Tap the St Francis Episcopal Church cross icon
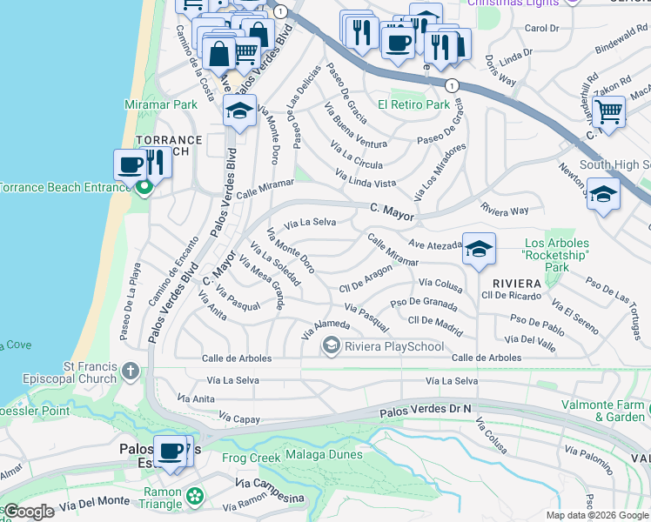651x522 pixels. [130, 371]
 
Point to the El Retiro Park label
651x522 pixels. [413, 105]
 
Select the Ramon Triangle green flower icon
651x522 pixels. [195, 495]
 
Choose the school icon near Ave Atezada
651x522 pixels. [479, 249]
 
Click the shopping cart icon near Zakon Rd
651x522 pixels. [607, 110]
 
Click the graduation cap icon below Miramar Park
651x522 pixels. [239, 110]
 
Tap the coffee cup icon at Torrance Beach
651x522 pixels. [131, 164]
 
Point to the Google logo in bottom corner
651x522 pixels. [29, 512]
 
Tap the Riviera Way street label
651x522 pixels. [505, 210]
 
